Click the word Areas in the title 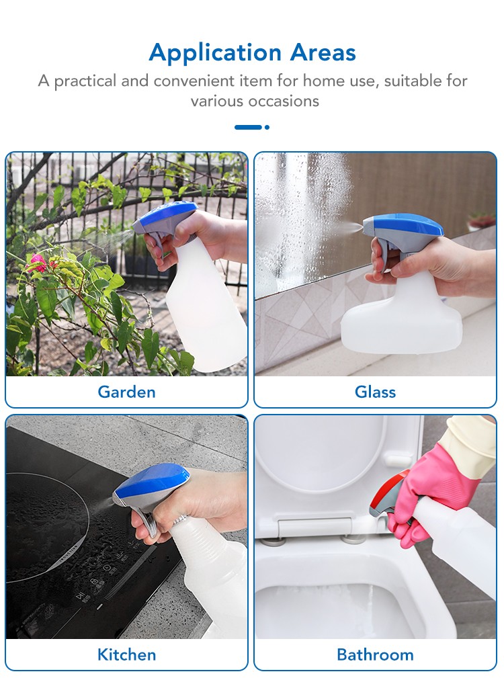coord(323,52)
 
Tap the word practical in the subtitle coord(85,81)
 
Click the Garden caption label coord(126,392)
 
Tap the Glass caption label coord(375,392)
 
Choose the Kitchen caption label coord(126,654)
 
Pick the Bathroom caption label coord(375,654)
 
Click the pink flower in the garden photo coord(38,262)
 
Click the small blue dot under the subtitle coord(267,127)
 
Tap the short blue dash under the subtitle coord(248,127)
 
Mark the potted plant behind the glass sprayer coord(481,221)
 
